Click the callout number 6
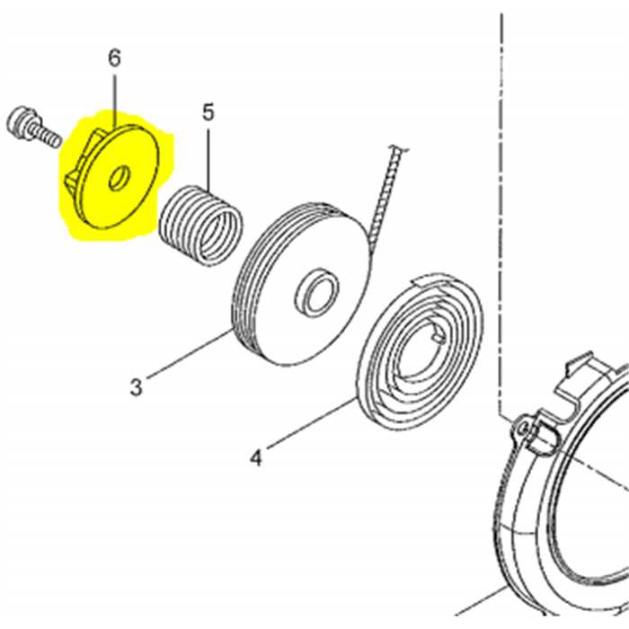114,58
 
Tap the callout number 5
208,112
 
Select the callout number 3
137,388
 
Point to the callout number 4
256,457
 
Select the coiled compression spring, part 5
201,226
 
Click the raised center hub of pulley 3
317,292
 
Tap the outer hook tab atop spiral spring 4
430,280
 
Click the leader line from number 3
189,354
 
